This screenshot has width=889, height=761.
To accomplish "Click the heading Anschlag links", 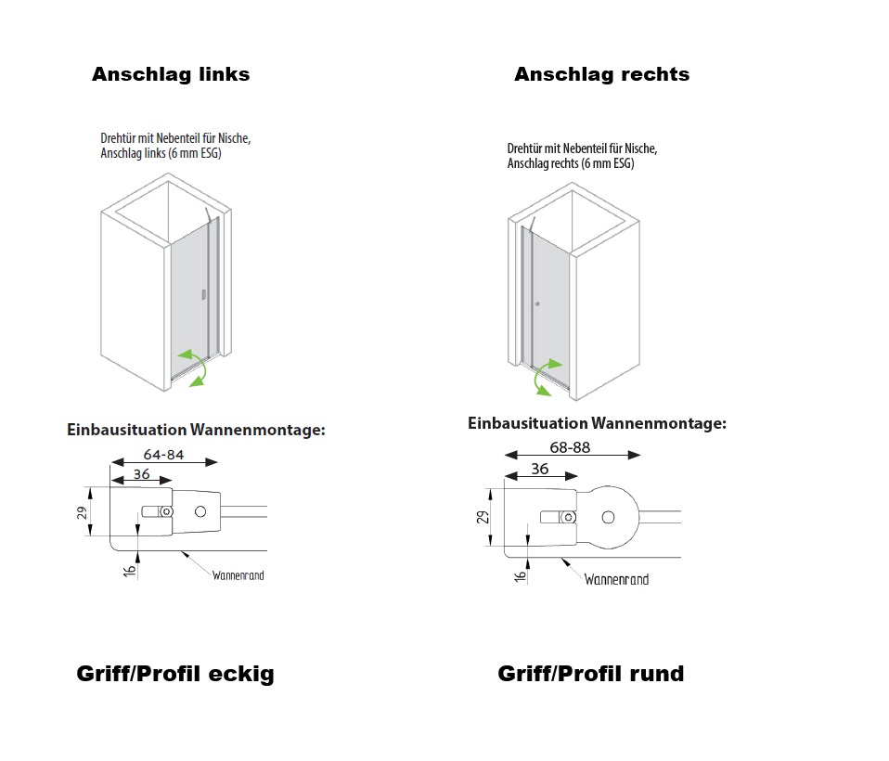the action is tap(171, 74).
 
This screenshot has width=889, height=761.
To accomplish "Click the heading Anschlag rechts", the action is tap(601, 74).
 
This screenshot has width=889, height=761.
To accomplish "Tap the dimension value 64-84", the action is tap(163, 454).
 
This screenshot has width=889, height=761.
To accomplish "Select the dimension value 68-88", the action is tap(570, 447).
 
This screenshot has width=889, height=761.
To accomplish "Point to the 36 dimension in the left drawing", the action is tap(141, 473).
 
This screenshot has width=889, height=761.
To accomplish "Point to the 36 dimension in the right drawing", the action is tap(540, 469).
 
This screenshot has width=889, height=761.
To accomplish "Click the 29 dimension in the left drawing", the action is tap(83, 512).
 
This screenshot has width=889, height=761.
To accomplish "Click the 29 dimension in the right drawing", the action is tap(482, 517).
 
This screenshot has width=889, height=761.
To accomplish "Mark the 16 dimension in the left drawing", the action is tap(129, 571).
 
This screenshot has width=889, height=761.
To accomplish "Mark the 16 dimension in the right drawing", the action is tap(520, 576).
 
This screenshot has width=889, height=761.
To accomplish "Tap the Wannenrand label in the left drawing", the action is tap(238, 575).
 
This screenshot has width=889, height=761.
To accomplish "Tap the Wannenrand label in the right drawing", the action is tap(616, 579).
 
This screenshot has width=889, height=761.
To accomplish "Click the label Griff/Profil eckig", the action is tap(175, 675).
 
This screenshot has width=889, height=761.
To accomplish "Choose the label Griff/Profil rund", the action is tap(591, 674).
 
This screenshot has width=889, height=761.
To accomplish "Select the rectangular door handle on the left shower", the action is tap(203, 294).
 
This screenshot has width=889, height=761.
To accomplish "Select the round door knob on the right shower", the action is tap(537, 304).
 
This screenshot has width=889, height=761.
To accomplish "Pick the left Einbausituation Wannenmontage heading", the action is tap(196, 430).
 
